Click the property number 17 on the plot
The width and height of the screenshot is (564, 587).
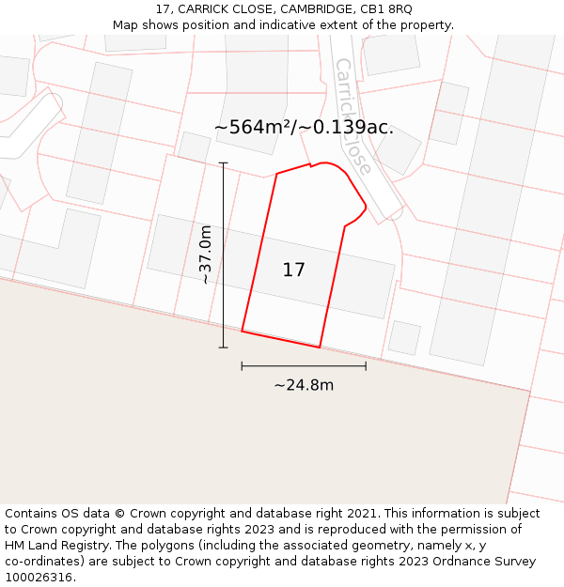pos(293,270)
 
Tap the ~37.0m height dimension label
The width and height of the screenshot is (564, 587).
pos(205,255)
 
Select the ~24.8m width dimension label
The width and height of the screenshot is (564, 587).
pos(304,385)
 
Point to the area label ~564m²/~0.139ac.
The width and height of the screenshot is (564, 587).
pos(304,128)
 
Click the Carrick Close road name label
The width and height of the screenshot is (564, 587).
pos(353,116)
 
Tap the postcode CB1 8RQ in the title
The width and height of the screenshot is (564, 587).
pos(385,9)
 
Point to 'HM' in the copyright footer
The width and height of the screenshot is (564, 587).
pos(16,546)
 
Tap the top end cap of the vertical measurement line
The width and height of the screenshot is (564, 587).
pos(224,163)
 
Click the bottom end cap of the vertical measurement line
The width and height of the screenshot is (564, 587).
pos(224,348)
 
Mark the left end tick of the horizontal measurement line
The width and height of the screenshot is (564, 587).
pos(242,366)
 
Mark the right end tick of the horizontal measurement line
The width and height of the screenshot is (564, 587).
pos(366,366)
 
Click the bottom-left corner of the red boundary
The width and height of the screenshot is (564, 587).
pos(243,331)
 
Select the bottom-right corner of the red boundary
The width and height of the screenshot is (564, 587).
pos(320,348)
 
